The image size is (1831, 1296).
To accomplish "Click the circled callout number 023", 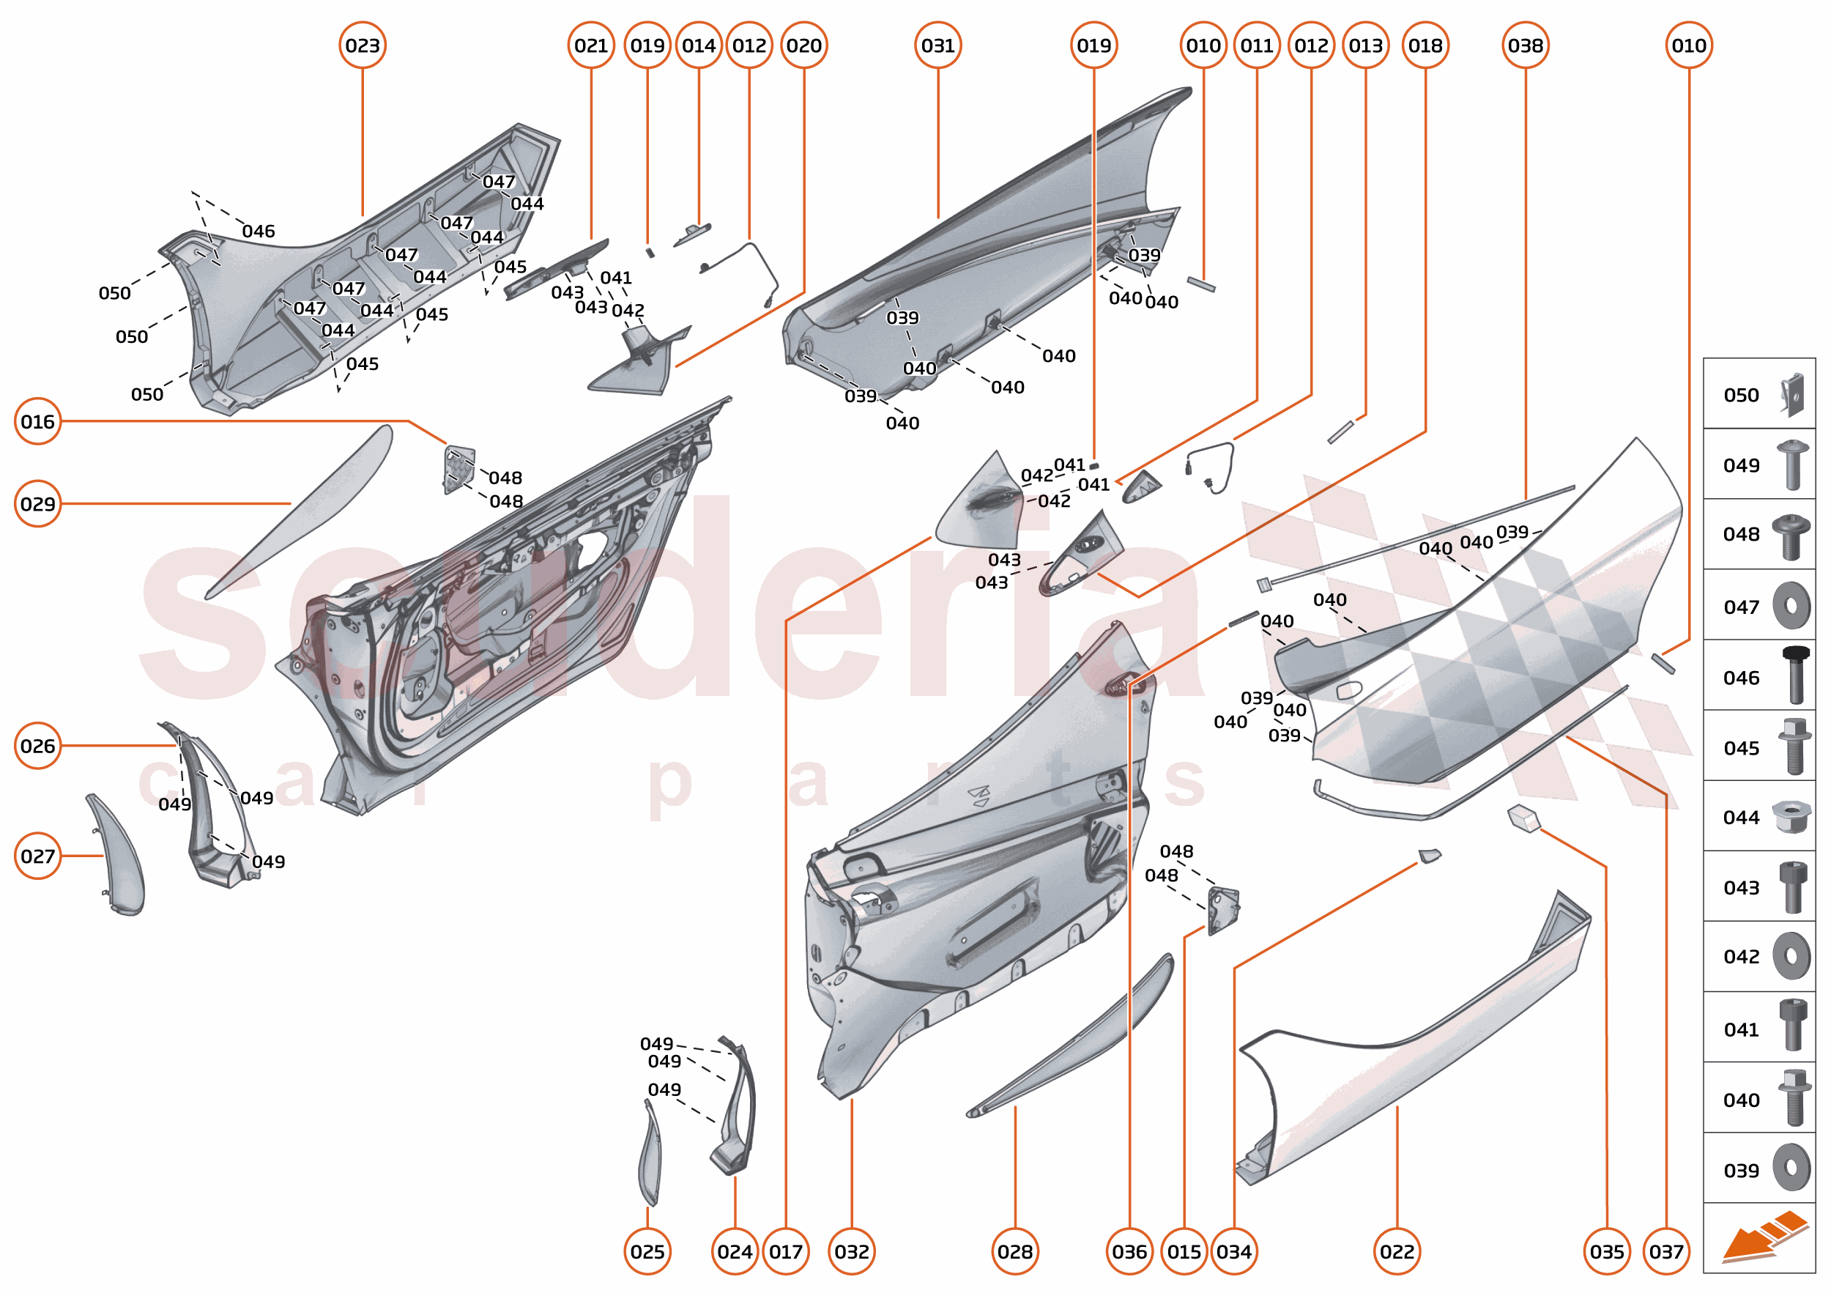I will (x=363, y=45).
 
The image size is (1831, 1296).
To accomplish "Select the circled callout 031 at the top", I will (x=937, y=45).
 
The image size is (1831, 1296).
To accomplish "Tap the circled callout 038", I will (x=1525, y=45).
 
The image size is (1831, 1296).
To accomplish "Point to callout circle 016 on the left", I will (x=37, y=421).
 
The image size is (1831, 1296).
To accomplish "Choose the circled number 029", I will (x=37, y=503).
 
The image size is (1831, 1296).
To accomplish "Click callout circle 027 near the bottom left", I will (x=37, y=856).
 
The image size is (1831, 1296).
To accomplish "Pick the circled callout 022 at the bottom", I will (x=1397, y=1251).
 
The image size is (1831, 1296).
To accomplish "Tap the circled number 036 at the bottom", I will (x=1129, y=1251).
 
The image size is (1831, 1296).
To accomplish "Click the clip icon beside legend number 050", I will (x=1792, y=394).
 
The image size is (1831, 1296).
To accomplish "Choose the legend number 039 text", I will (x=1741, y=1171).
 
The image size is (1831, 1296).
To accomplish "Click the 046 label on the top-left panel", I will (x=258, y=232).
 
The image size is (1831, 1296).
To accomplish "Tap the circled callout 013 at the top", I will (x=1365, y=45).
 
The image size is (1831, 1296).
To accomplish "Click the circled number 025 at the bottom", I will (x=647, y=1251).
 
